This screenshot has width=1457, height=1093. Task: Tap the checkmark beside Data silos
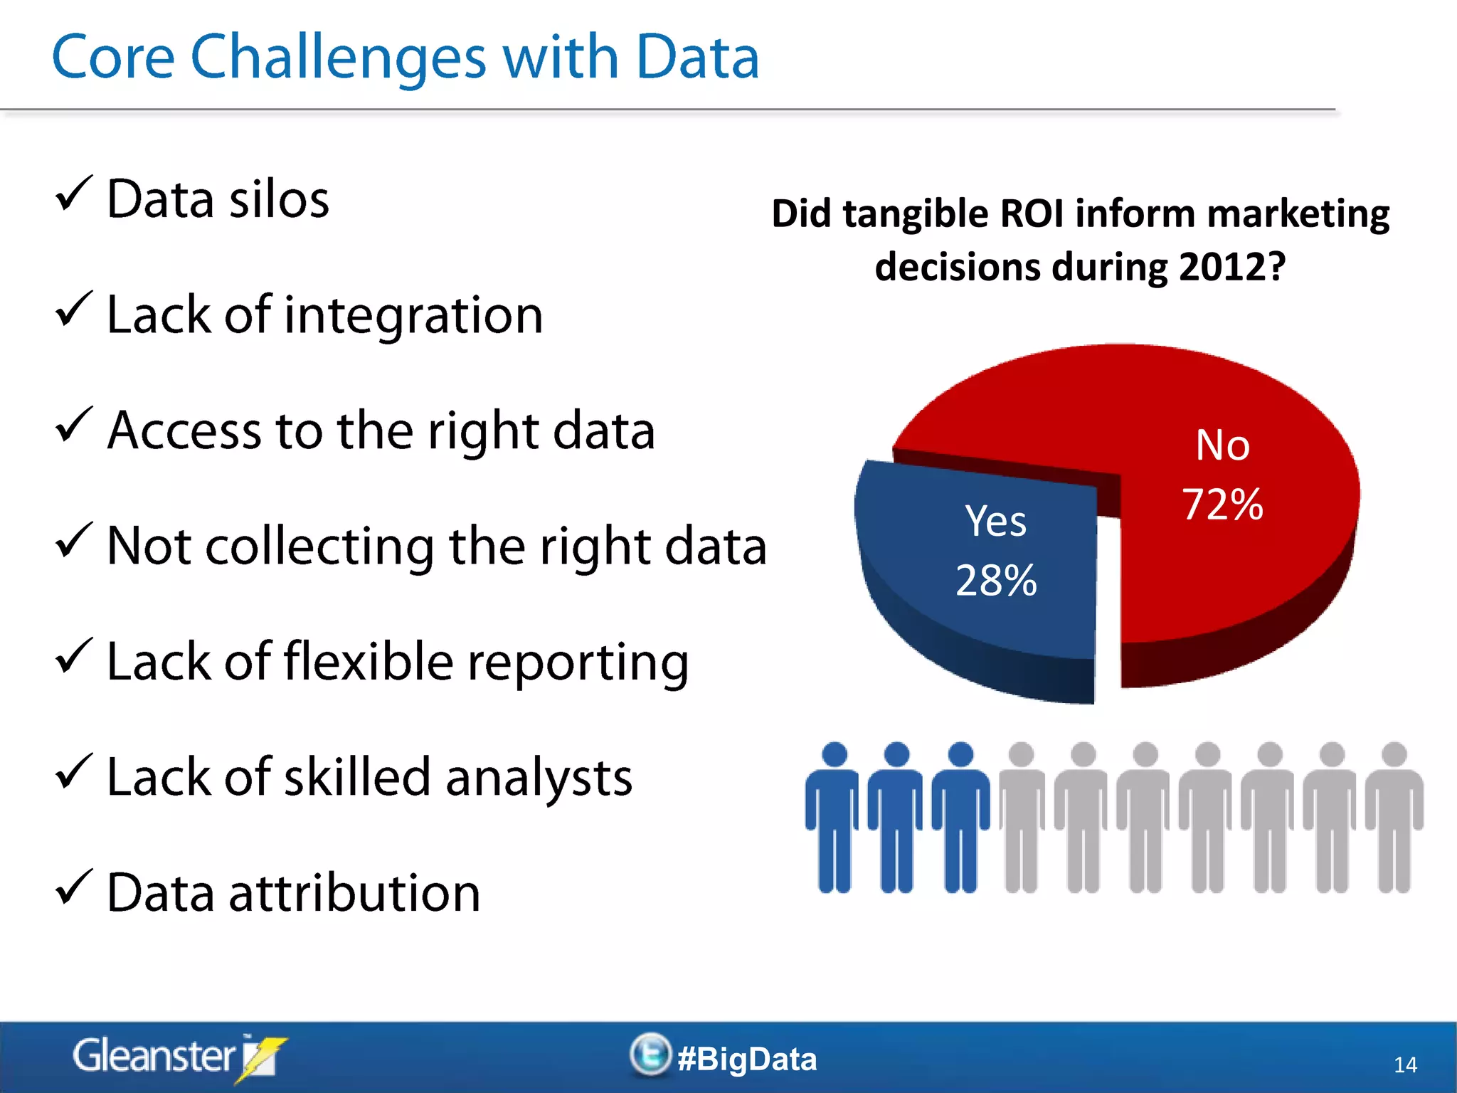[x=73, y=194]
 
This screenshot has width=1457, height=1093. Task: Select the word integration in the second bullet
[x=413, y=315]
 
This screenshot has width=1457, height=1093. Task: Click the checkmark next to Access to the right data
[x=73, y=425]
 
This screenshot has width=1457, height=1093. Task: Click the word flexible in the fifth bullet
[x=368, y=662]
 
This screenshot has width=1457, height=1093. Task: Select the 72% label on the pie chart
[x=1222, y=505]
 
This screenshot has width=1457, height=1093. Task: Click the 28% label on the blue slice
[x=996, y=580]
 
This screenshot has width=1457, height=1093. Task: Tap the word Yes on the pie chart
[x=995, y=521]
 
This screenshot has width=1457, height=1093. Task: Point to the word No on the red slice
[x=1222, y=445]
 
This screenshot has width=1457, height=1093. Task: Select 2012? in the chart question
[x=1232, y=267]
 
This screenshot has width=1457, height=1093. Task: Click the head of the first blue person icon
[x=834, y=755]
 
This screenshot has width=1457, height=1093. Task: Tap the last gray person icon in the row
[x=1394, y=818]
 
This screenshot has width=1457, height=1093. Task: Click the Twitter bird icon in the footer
[x=650, y=1054]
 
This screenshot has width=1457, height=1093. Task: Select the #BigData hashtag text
[x=747, y=1059]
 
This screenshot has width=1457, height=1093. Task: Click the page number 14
[x=1404, y=1065]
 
